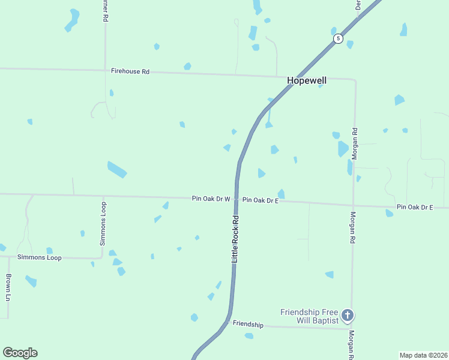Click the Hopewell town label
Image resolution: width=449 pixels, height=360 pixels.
307,80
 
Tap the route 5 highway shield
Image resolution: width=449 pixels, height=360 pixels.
339,38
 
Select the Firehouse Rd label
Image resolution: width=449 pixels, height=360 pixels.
130,71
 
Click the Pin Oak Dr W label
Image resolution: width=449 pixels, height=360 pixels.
211,199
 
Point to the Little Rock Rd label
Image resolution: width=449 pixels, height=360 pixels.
235,238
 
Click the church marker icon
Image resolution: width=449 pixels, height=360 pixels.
347,315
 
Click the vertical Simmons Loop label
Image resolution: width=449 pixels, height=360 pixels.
103,223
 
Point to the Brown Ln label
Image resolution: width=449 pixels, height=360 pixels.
8,287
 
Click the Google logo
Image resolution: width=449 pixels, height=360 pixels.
20,353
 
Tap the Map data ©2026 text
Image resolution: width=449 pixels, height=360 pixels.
423,355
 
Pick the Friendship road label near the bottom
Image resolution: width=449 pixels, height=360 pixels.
248,325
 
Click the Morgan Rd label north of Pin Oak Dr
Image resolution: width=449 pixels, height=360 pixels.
355,143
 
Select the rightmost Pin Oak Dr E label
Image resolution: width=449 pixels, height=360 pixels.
415,207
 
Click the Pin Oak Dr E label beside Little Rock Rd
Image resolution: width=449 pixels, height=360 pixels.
261,200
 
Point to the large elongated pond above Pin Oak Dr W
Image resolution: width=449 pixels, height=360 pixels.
117,170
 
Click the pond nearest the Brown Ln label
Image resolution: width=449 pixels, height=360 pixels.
31,281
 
